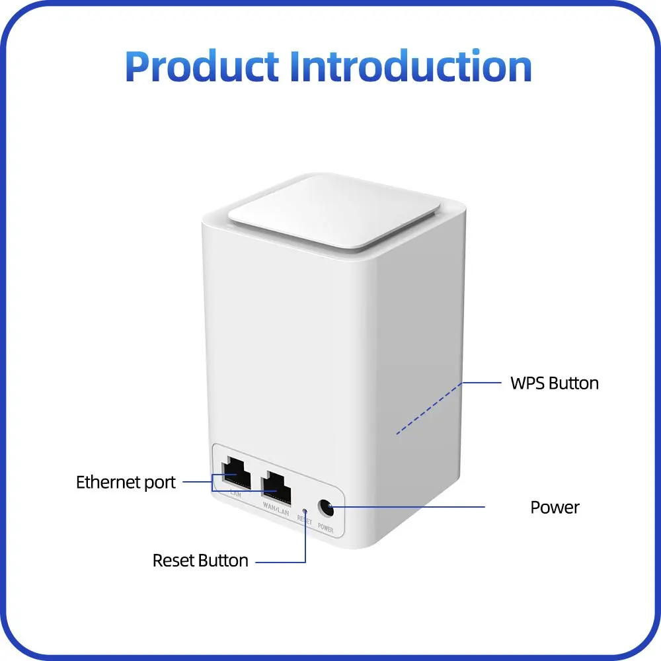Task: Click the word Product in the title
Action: point(202,67)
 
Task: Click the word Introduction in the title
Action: point(411,67)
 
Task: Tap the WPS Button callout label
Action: point(554,383)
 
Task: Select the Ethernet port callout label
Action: point(126,482)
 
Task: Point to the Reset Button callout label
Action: point(200,561)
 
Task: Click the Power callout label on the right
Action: point(555,507)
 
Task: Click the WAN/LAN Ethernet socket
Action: point(276,488)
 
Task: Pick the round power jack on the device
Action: point(325,508)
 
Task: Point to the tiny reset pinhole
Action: point(304,510)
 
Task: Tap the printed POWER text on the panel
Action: point(326,527)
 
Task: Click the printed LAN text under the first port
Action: point(235,493)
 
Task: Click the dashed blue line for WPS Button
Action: point(430,408)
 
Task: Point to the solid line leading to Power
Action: point(410,507)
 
